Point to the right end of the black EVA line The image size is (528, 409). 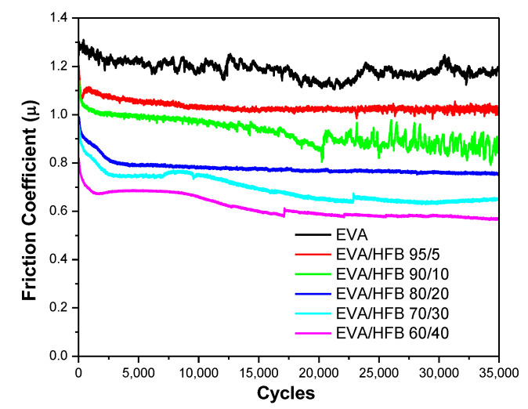point(497,71)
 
